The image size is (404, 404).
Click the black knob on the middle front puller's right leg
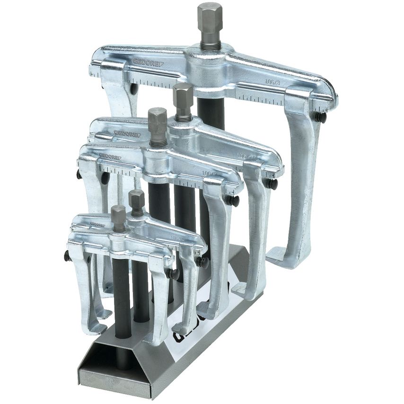(231, 201)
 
